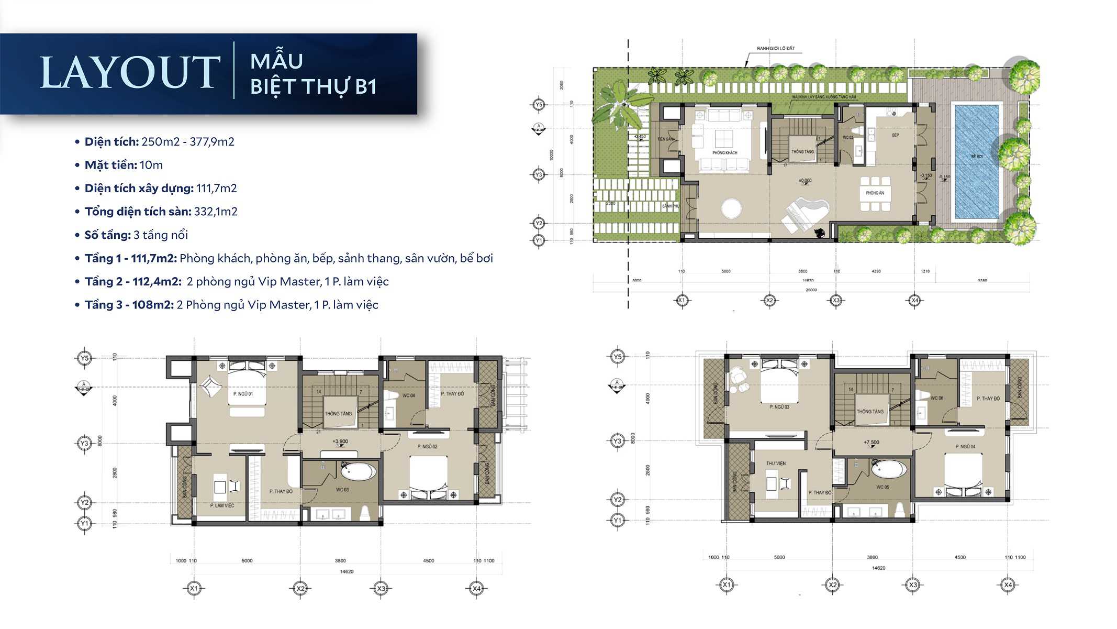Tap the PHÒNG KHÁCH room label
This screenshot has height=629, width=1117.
pos(724,153)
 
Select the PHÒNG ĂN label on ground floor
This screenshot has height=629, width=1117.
pos(875,193)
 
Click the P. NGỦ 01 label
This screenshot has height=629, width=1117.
pos(243,394)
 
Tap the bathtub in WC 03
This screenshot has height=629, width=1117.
pos(358,471)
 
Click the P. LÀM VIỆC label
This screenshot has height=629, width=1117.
pos(222,505)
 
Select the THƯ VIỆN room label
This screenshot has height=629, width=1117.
pos(776,464)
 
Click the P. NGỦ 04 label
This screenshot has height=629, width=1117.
pos(965,447)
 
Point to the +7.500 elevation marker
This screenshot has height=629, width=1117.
pos(872,443)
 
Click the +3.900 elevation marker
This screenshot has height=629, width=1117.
pos(340,442)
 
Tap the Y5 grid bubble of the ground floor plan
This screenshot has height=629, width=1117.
pos(539,105)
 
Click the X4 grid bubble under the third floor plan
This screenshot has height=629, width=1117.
pos(1008,585)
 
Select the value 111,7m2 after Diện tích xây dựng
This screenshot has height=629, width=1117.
pos(216,189)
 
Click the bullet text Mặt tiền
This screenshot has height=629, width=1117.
pos(111,165)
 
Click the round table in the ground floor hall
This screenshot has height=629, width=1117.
pos(731,208)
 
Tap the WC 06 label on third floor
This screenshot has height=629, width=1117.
pos(936,398)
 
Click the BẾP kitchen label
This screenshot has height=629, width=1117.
pos(896,135)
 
